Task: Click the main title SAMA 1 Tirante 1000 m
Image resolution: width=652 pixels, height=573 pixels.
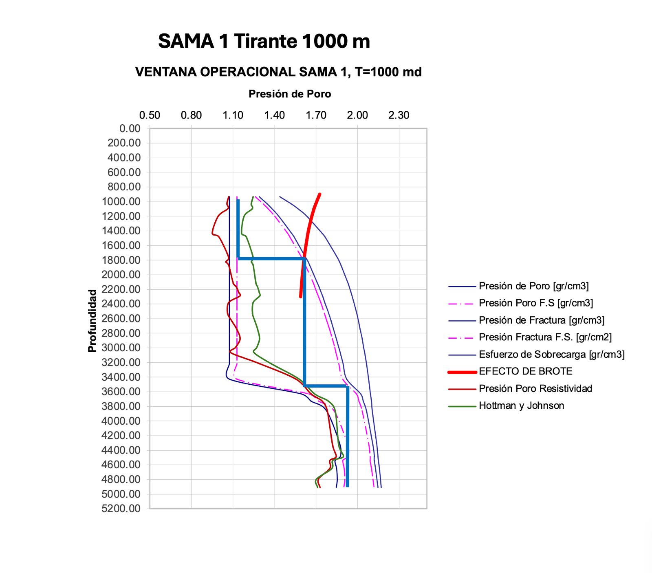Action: (264, 42)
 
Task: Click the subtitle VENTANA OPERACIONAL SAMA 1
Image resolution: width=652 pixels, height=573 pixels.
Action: (278, 72)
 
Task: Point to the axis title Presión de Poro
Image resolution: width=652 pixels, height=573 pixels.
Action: (290, 94)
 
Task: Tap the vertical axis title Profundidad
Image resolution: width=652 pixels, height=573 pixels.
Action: (93, 321)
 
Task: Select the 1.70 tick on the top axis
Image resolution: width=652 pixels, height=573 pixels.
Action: (316, 115)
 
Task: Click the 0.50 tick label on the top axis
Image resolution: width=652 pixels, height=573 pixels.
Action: (150, 115)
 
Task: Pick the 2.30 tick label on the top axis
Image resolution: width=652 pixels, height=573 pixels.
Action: (399, 115)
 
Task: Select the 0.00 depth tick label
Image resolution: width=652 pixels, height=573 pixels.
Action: (130, 128)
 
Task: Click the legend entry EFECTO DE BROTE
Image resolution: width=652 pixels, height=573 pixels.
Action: (525, 371)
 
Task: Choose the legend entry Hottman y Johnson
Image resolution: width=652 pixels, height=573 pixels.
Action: (521, 406)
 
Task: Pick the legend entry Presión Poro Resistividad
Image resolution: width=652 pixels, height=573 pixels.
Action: (535, 388)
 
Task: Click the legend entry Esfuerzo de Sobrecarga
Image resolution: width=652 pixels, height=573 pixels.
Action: (551, 354)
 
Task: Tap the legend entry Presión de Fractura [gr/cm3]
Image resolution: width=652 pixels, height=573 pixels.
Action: (541, 320)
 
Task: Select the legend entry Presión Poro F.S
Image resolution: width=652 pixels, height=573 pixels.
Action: (535, 303)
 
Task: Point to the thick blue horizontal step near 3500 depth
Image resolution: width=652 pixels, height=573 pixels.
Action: (326, 386)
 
